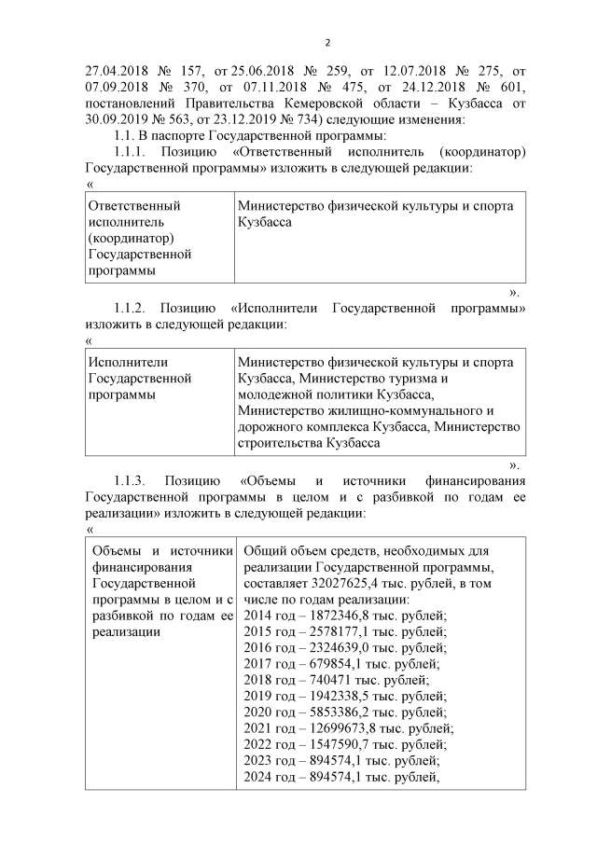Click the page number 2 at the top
pos(327,42)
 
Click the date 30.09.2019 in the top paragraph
pos(118,118)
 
